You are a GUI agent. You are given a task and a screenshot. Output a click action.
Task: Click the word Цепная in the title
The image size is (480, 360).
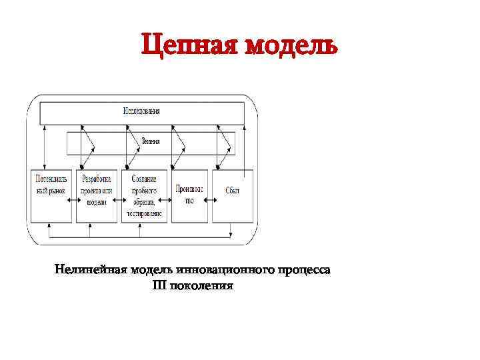189,46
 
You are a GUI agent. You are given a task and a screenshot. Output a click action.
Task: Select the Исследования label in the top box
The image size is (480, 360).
141,111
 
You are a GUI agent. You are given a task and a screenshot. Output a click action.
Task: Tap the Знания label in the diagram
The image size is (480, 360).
150,140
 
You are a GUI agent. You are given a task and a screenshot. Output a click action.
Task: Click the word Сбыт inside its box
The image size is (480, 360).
232,191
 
